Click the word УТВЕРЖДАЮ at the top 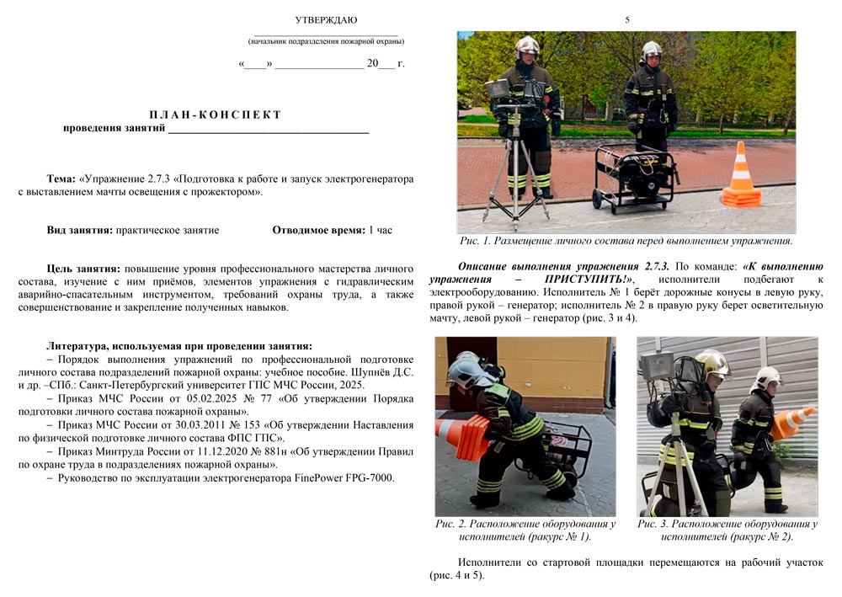coord(326,19)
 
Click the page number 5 coord(626,19)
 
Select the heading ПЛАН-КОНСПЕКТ coord(216,115)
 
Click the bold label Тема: coord(61,179)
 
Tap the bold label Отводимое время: coord(317,230)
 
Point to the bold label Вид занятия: coord(80,230)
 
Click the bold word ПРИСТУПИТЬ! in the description coord(585,278)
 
